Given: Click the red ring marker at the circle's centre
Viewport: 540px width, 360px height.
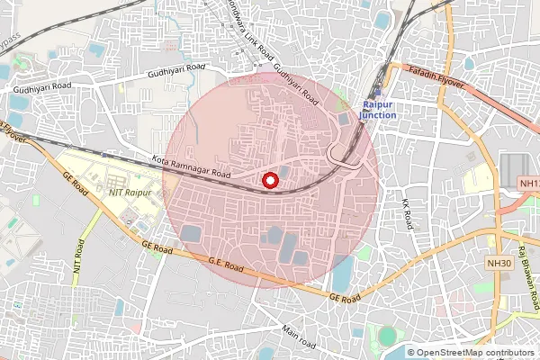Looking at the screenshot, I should click(269, 181).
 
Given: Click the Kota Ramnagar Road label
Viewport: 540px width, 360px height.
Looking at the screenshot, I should click(193, 166).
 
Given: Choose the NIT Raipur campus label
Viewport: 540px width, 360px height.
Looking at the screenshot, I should click(130, 192).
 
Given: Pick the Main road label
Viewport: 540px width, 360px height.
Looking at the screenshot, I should click(298, 337).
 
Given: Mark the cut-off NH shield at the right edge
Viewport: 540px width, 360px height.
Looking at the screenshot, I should click(528, 184).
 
